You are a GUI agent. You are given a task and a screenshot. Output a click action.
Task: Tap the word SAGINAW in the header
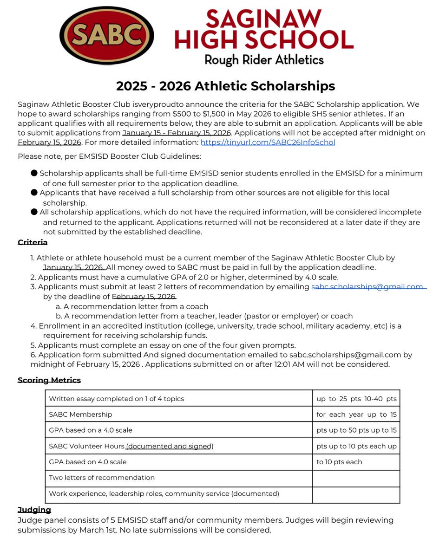pyautogui.click(x=264, y=19)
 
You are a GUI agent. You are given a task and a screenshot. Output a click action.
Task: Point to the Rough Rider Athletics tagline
pyautogui.click(x=264, y=59)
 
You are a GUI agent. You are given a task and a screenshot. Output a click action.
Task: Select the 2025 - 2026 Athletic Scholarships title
pyautogui.click(x=225, y=86)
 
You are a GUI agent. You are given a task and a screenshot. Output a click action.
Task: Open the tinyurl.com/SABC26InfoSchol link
pyautogui.click(x=268, y=142)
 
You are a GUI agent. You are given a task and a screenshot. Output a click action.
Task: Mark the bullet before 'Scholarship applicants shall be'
pyautogui.click(x=34, y=173)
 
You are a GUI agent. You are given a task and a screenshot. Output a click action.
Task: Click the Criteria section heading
pyautogui.click(x=33, y=242)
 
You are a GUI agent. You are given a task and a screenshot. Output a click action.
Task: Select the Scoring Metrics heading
pyautogui.click(x=49, y=380)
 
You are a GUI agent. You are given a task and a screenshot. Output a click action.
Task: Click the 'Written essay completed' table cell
pyautogui.click(x=117, y=399)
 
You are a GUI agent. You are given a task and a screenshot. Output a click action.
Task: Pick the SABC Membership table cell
pyautogui.click(x=80, y=415)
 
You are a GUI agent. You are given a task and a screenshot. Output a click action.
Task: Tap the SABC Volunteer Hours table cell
pyautogui.click(x=131, y=447)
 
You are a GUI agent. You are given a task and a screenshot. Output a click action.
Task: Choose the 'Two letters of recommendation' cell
pyautogui.click(x=102, y=478)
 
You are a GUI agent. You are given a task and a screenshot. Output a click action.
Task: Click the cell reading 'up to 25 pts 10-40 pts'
pyautogui.click(x=356, y=399)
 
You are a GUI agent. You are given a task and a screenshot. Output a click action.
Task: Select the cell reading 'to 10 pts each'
pyautogui.click(x=339, y=462)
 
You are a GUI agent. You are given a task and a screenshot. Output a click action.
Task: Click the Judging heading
pyautogui.click(x=34, y=510)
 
